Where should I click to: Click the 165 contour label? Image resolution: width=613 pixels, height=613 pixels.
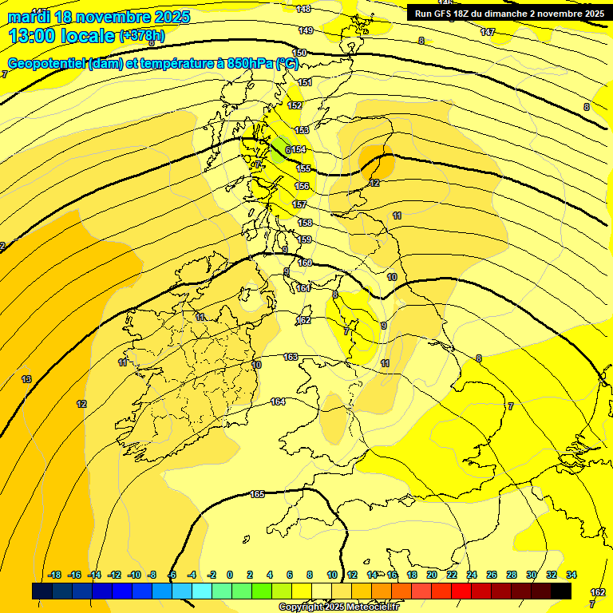(x=257, y=495)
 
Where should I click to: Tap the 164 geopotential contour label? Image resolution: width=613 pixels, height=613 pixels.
(x=278, y=401)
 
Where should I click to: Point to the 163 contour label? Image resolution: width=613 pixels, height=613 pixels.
(x=291, y=357)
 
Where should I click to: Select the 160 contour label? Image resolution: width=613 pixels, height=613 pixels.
(x=305, y=263)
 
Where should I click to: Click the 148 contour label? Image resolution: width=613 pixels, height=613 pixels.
(x=303, y=9)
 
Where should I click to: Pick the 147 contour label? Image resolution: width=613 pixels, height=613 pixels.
(x=488, y=32)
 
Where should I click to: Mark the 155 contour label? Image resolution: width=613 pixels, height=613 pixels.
(x=303, y=168)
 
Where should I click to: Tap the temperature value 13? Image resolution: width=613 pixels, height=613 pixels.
(x=26, y=379)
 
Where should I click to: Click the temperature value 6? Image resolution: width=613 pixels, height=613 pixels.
(x=287, y=149)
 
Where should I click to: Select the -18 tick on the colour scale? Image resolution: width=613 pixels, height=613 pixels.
(x=55, y=575)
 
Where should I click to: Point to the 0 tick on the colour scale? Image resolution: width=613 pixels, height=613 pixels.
(x=229, y=575)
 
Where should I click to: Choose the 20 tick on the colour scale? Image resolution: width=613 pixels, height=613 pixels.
(x=431, y=575)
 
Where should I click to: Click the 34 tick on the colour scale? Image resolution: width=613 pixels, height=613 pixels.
(x=571, y=575)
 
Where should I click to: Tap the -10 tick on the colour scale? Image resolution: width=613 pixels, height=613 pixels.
(x=134, y=575)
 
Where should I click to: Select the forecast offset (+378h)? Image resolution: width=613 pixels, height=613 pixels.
(x=144, y=35)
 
